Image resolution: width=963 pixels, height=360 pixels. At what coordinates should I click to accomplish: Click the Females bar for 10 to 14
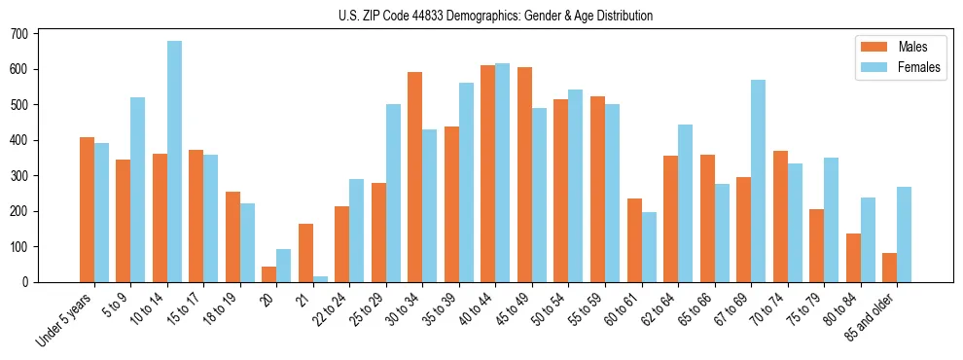(x=174, y=162)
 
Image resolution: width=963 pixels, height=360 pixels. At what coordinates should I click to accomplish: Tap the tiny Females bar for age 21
(x=320, y=279)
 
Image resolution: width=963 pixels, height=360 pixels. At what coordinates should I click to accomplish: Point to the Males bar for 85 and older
(x=889, y=268)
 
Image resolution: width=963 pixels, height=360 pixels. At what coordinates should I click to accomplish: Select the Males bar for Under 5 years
(x=87, y=209)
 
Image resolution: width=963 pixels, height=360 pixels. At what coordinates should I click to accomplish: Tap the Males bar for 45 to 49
(x=524, y=174)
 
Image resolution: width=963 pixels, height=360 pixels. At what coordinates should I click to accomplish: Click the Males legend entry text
(x=913, y=46)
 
